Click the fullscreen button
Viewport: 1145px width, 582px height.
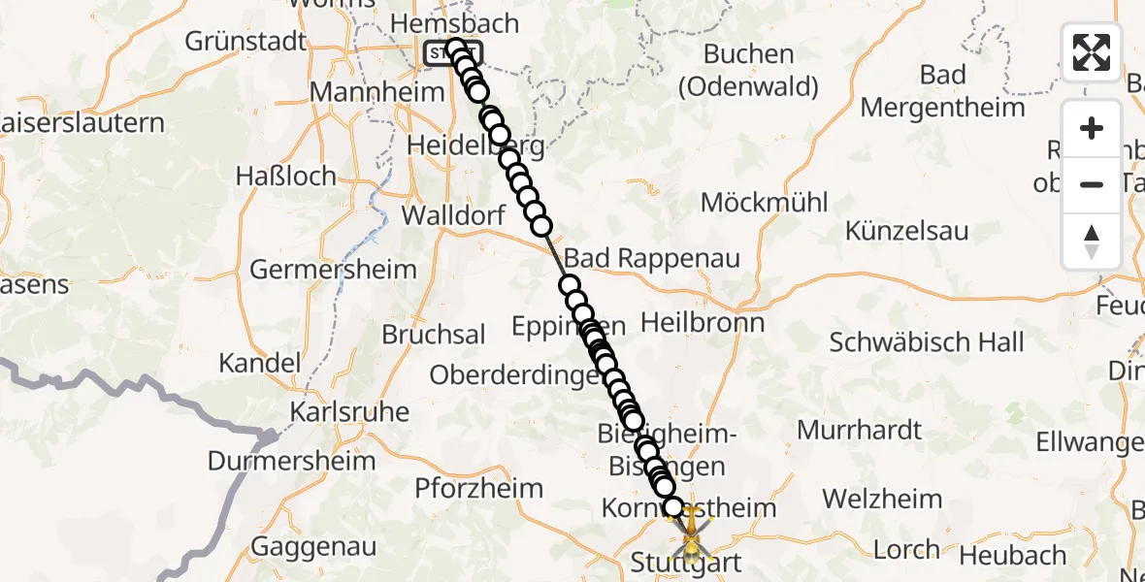(x=1092, y=52)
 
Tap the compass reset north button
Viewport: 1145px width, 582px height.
(x=1092, y=242)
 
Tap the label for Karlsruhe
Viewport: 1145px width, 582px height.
(x=349, y=412)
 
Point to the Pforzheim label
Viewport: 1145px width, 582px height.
(x=479, y=488)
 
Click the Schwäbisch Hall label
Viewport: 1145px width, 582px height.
(x=927, y=342)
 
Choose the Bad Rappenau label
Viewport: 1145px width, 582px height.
(x=652, y=259)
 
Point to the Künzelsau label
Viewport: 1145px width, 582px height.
(x=907, y=231)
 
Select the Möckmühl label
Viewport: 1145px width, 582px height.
(x=765, y=203)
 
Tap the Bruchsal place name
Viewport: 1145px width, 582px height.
(x=434, y=335)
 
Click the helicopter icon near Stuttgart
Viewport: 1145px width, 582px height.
(x=690, y=535)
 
